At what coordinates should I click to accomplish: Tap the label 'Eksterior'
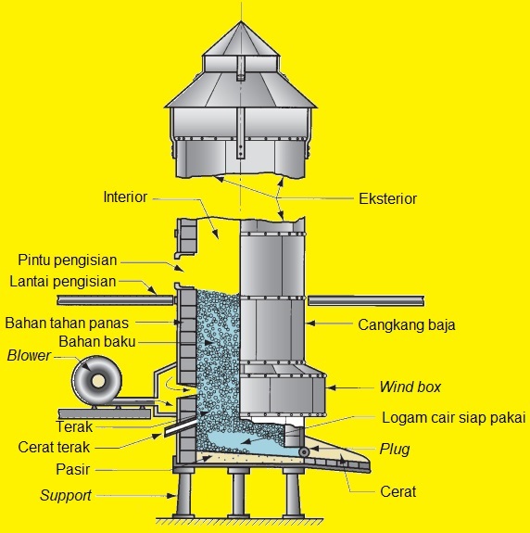(387, 197)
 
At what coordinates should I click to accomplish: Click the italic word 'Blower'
(30, 355)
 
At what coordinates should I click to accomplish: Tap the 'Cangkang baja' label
(407, 325)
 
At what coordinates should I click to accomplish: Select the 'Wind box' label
(410, 387)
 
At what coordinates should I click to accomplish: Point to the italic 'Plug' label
(394, 450)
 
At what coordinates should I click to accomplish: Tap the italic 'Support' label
(65, 495)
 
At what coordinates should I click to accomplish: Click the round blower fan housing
(95, 380)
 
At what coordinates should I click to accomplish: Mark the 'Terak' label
(73, 427)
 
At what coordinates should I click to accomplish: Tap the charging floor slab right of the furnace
(366, 299)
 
